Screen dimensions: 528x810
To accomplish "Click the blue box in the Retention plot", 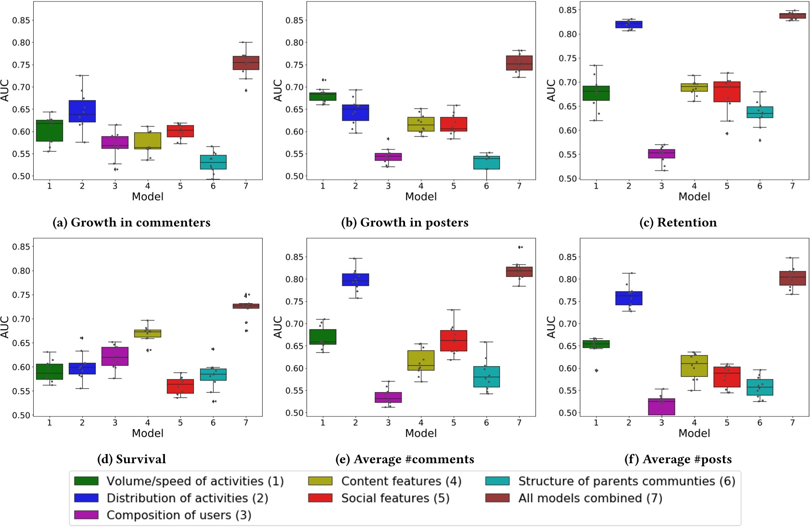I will click(629, 25).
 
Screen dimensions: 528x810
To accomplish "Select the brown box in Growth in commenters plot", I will click(246, 63).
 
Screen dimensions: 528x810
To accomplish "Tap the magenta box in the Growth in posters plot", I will click(388, 157).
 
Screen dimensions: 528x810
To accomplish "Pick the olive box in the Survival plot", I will click(148, 333).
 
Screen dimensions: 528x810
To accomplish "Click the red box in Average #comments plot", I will click(454, 341).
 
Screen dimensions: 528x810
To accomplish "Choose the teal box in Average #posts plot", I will click(759, 387).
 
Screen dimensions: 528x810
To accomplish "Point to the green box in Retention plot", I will click(596, 93).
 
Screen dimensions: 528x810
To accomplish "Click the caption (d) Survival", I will click(131, 459).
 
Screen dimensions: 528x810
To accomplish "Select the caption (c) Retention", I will click(678, 222).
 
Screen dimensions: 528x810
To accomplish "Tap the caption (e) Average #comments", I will click(405, 459).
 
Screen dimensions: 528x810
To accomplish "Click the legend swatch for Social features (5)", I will click(320, 498).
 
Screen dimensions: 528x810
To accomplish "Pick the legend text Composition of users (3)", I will click(179, 515).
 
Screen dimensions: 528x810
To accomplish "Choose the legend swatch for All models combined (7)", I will click(497, 498).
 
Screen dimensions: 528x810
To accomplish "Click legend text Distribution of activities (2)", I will click(187, 498).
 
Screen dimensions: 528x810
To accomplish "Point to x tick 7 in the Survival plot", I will click(246, 423).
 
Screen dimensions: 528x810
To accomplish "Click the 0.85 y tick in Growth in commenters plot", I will click(21, 20).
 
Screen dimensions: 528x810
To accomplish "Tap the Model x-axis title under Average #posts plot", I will click(694, 433).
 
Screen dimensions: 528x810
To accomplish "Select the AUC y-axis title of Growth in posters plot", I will click(278, 90).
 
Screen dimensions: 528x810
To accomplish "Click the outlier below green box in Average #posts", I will click(596, 370).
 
